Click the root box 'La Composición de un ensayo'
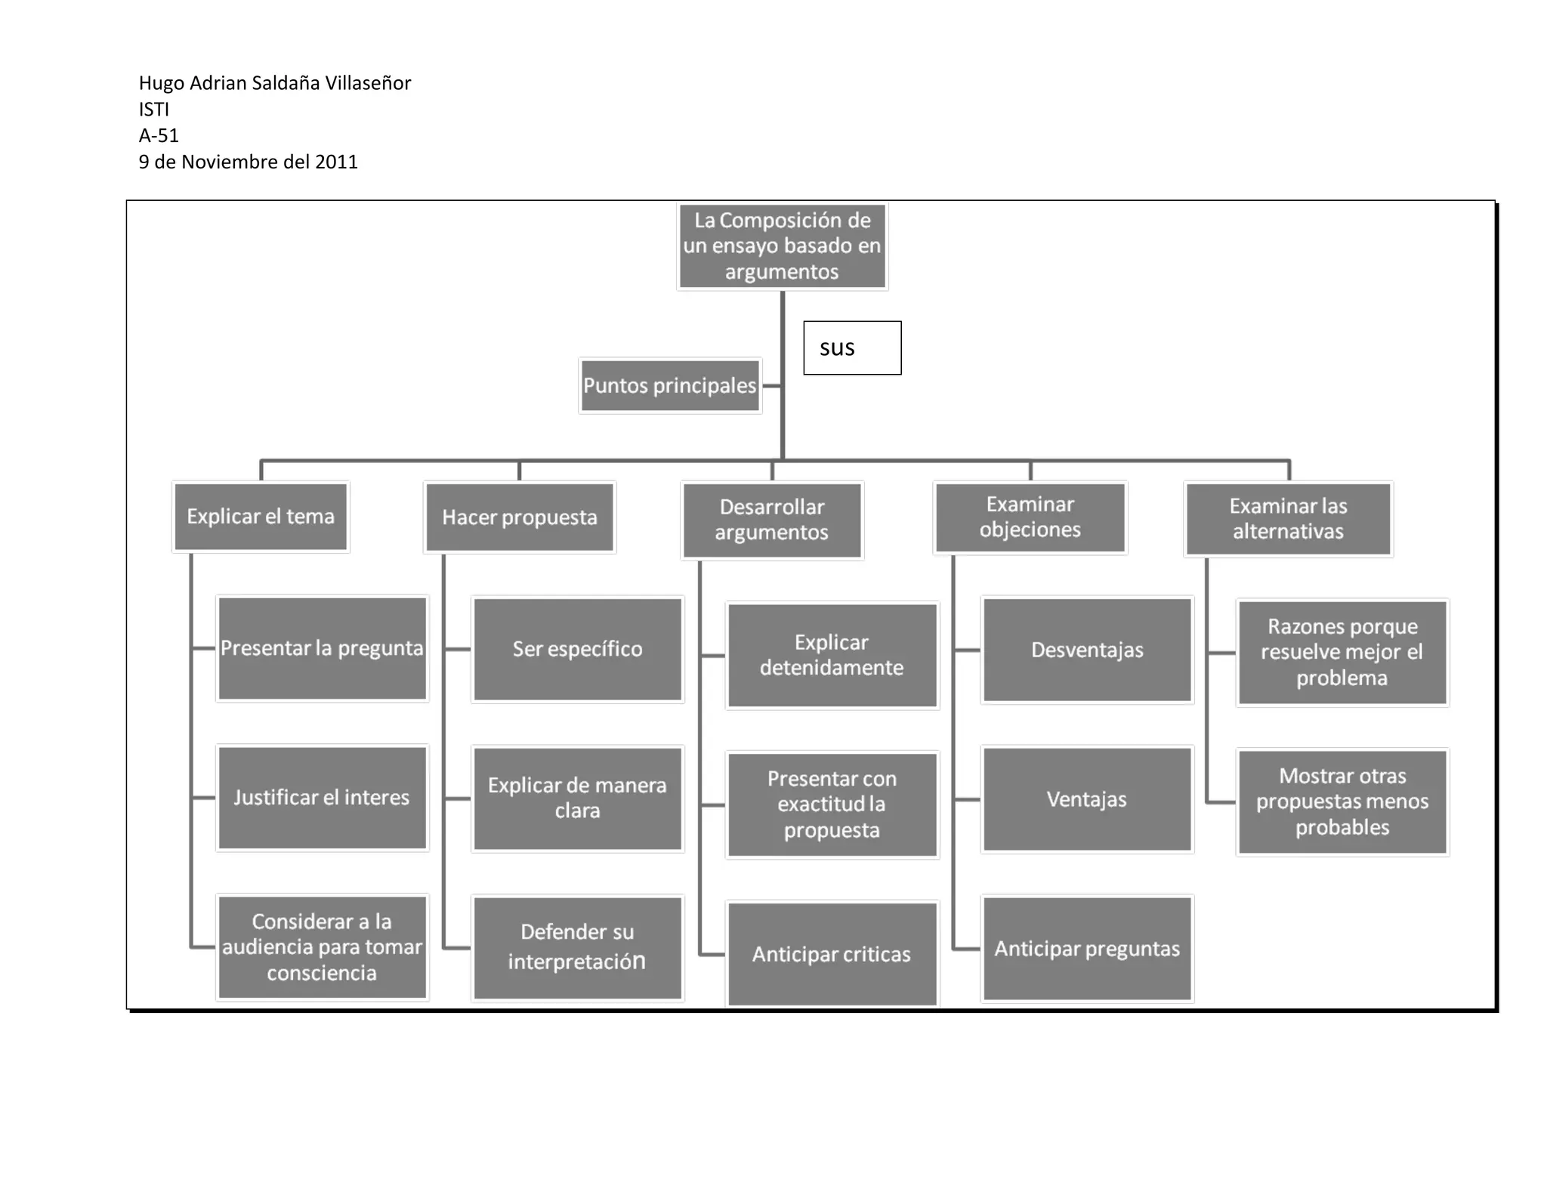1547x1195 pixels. point(782,246)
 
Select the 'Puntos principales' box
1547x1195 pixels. point(670,385)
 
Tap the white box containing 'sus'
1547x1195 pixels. point(852,347)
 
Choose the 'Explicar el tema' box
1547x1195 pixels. point(261,517)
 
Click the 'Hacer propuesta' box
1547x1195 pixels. point(520,517)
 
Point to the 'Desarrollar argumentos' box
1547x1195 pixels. point(772,520)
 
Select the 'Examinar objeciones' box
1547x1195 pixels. point(1030,517)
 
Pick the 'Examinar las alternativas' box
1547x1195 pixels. point(1288,519)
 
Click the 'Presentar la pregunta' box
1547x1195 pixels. point(323,649)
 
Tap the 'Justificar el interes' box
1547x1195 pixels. point(323,798)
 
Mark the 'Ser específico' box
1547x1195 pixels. point(578,650)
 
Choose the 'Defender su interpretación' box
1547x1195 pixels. point(578,947)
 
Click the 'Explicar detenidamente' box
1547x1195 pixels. point(832,655)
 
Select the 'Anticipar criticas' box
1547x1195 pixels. point(832,954)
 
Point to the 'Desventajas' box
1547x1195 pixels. point(1087,650)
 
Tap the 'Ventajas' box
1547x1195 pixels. point(1087,799)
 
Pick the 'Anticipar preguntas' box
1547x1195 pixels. point(1087,949)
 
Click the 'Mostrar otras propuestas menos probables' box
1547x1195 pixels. point(1342,801)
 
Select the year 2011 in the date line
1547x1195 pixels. point(337,162)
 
